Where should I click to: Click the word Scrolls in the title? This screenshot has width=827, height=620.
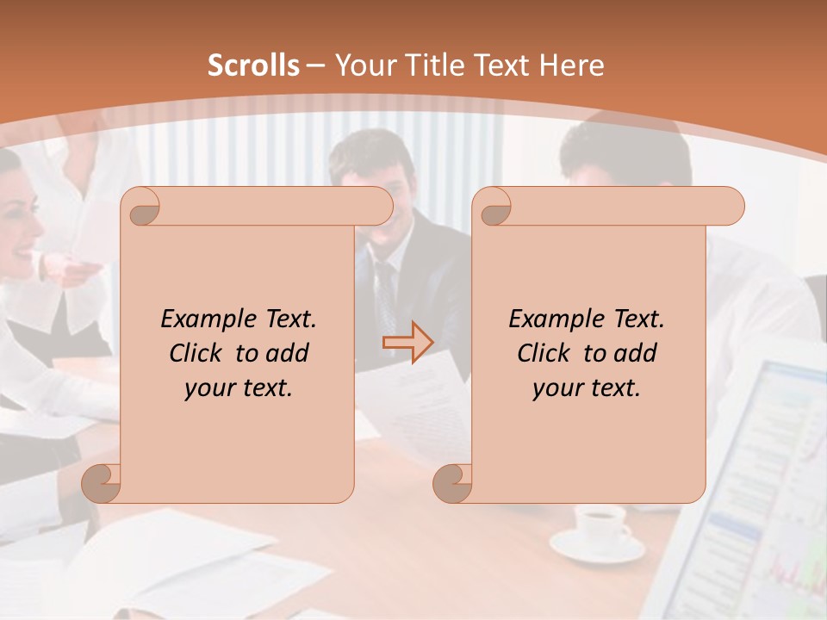tap(254, 65)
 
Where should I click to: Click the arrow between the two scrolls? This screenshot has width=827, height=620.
tap(407, 343)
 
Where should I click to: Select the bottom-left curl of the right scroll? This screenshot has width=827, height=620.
tap(452, 483)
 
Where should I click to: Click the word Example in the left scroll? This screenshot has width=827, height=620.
tap(202, 319)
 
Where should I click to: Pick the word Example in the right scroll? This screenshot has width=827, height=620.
tap(550, 319)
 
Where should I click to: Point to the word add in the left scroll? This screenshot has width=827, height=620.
tap(288, 353)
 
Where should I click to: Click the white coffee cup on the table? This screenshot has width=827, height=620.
tap(600, 521)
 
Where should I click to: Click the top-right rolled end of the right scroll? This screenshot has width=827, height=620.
tap(729, 207)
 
